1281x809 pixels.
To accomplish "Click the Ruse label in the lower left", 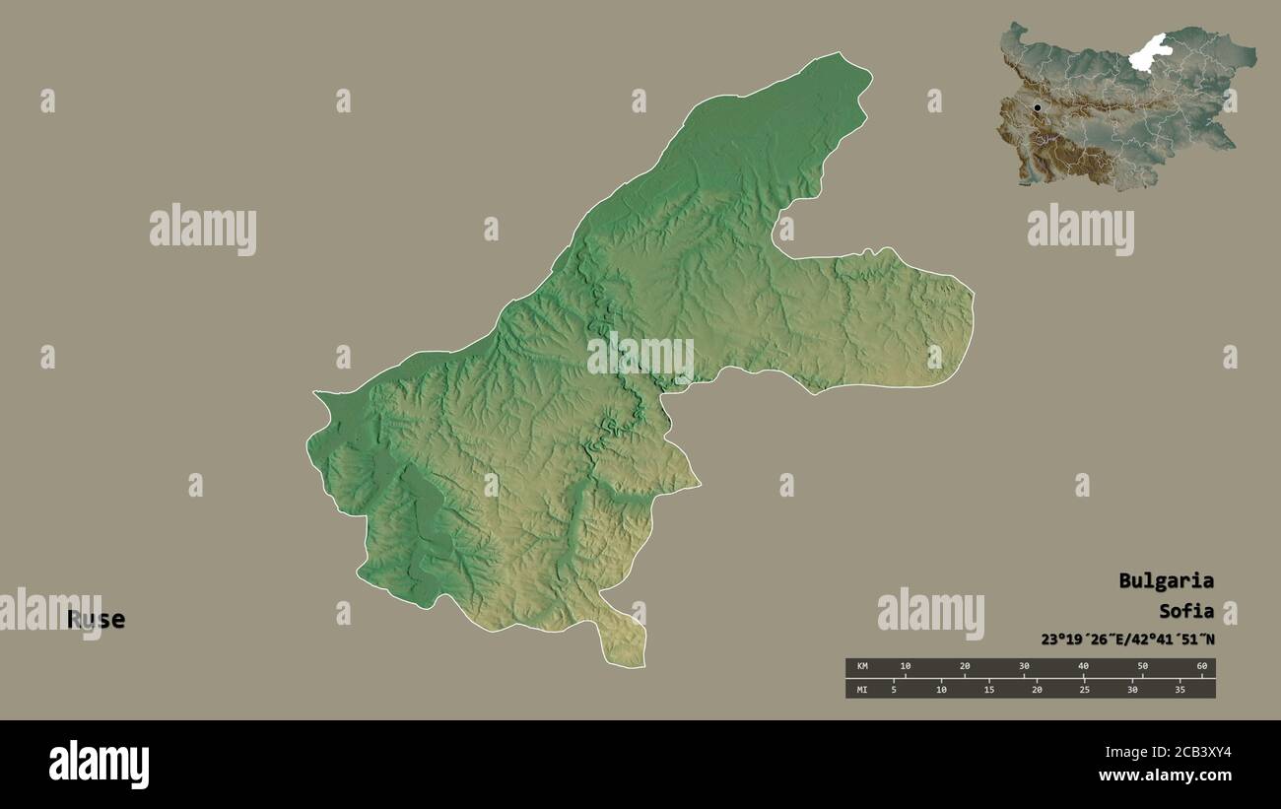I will click(x=96, y=620).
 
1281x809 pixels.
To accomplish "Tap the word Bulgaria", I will click(x=1166, y=580).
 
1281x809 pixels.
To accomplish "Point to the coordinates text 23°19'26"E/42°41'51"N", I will click(x=1127, y=640).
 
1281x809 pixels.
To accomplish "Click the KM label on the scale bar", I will click(x=862, y=667).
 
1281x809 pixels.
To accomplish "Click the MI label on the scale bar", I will click(x=862, y=689).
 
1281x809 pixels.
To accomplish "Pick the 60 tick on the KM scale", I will click(x=1201, y=667).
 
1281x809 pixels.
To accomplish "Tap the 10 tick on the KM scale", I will click(x=906, y=667).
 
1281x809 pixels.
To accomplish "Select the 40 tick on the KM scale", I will click(x=1083, y=667).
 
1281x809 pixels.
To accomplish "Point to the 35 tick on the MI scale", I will click(x=1180, y=689).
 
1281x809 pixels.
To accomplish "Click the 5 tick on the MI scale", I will click(x=894, y=689).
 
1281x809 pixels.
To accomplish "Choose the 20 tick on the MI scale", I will click(x=1037, y=689).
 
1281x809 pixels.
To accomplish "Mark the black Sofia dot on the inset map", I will click(x=1037, y=107).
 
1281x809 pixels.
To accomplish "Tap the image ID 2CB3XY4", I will click(x=1192, y=753).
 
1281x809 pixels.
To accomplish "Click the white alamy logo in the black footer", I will click(x=99, y=765).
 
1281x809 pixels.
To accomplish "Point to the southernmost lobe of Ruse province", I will click(x=624, y=645).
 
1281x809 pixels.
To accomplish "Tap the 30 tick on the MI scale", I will click(x=1132, y=689).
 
